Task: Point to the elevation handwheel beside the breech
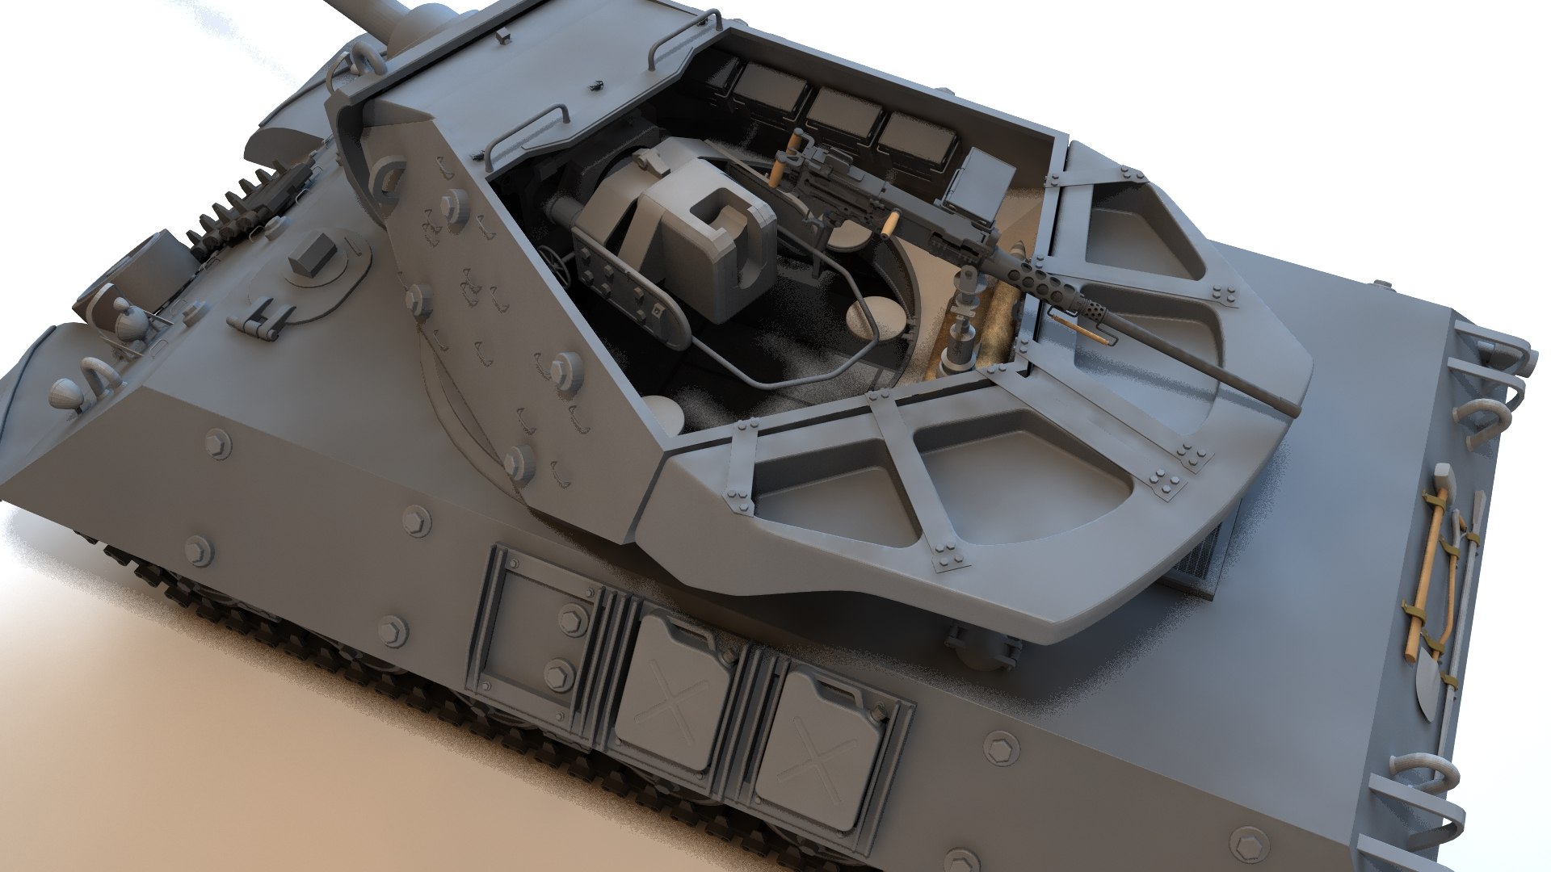point(556,260)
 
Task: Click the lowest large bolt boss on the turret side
point(517,462)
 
